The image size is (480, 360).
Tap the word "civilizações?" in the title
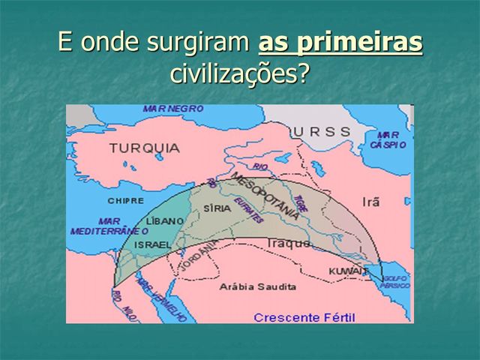pos(239,74)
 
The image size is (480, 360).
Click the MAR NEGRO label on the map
pos(173,109)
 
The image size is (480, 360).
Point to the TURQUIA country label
pos(145,148)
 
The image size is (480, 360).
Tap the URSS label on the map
pos(321,131)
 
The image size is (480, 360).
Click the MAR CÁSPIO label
pos(388,139)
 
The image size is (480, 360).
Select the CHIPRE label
pos(125,201)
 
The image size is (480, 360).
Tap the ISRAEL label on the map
pos(152,244)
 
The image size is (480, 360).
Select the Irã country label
pos(371,202)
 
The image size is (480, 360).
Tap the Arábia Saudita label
pos(256,286)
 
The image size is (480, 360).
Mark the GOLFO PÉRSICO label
pos(394,282)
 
